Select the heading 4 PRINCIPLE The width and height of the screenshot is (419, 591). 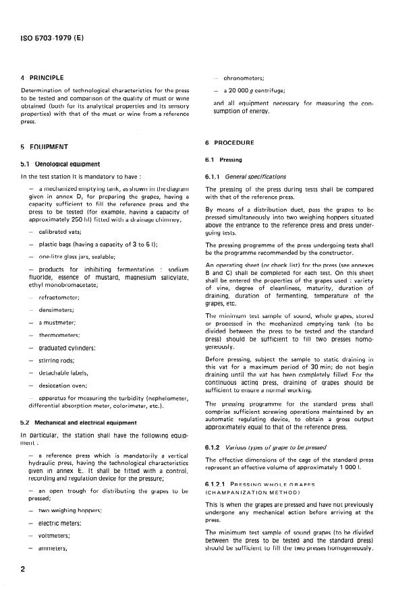tap(41, 77)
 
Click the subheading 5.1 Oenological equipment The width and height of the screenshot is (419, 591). tap(61, 163)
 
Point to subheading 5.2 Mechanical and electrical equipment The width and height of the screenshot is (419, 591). tap(80, 423)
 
